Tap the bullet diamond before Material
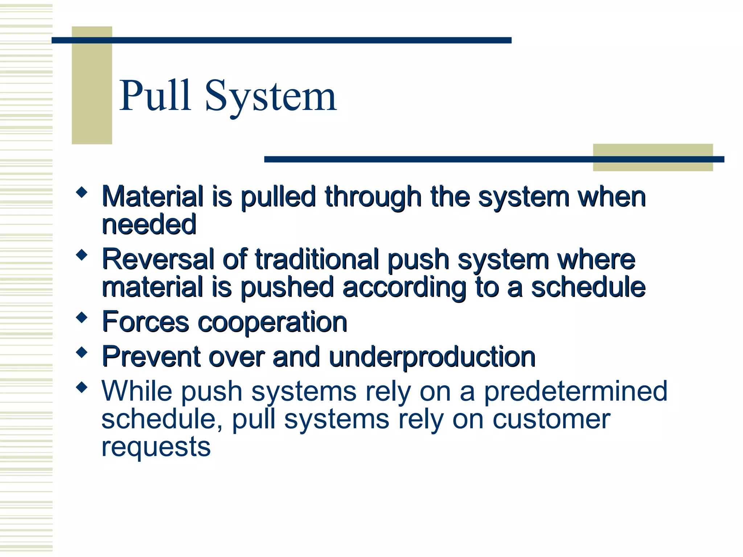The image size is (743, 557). (82, 192)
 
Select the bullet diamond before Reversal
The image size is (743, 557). (82, 255)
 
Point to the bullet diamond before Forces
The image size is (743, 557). (82, 318)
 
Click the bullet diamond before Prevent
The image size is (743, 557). (82, 352)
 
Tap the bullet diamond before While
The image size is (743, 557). (82, 387)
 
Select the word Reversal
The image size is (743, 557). (158, 259)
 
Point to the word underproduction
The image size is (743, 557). (432, 357)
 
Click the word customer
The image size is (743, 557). (551, 419)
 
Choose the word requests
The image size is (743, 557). (156, 447)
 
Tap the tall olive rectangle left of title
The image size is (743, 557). (92, 86)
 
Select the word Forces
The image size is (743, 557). (145, 322)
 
